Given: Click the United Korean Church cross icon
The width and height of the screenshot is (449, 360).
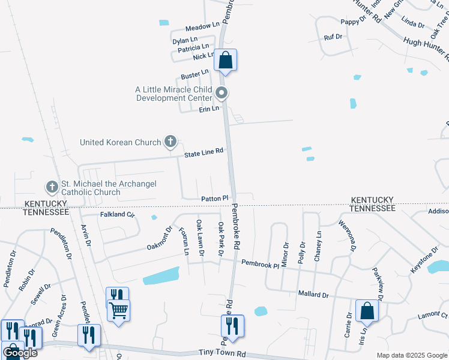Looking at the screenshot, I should (x=170, y=142).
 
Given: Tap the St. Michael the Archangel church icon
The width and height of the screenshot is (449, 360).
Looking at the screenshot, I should (x=52, y=187).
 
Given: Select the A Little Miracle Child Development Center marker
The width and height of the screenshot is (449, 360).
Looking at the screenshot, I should (x=222, y=92).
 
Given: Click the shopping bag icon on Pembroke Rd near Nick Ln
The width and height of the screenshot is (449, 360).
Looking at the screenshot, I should (x=226, y=60).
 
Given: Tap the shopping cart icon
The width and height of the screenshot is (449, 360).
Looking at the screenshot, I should (x=118, y=310).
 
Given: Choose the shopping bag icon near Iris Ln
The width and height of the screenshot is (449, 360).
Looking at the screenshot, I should (x=367, y=311).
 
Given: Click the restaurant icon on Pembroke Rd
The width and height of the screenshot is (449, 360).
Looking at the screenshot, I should (x=232, y=326).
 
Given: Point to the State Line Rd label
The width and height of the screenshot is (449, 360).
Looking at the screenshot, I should (x=203, y=152).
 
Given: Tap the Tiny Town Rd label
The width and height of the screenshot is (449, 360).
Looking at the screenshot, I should (x=223, y=355).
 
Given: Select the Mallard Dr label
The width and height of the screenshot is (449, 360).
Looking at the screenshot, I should (x=313, y=295).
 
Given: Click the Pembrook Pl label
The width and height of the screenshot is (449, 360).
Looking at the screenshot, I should (x=260, y=263).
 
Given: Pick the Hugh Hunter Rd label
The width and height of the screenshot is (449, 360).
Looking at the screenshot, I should (x=426, y=49).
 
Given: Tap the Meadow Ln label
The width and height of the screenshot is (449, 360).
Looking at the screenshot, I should (x=202, y=26).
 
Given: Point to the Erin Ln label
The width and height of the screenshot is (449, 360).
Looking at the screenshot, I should (x=209, y=109).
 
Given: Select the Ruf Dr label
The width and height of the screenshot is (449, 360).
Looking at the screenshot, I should (x=333, y=37).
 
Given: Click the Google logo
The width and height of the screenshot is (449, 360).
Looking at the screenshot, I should (x=20, y=353).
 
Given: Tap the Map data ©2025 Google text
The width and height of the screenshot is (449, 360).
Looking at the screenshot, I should (x=412, y=355).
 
